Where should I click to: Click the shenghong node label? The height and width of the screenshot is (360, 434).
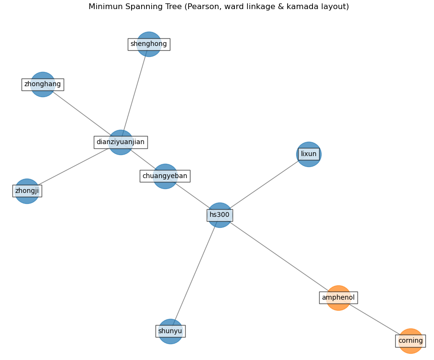149,44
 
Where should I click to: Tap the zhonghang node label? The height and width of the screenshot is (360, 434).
43,84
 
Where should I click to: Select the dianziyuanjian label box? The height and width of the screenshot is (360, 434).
121,142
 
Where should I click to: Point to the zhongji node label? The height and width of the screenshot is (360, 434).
27,191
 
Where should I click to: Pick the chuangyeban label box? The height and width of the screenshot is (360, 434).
165,176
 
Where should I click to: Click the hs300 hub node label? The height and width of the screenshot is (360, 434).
220,215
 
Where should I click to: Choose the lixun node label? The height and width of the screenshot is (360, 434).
309,154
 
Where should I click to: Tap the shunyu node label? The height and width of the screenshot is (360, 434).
170,331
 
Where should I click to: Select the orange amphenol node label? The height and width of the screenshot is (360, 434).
338,298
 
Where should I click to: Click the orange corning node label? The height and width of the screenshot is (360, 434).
411,341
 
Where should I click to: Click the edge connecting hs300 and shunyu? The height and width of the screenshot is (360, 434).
195,273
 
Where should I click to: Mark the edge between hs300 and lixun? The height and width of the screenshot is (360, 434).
264,185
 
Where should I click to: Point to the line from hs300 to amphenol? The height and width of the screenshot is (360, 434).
279,256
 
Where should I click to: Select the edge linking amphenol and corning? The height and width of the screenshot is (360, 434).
375,319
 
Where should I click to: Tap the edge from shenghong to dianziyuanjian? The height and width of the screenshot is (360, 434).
135,93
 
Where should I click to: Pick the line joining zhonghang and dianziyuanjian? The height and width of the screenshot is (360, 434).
81,113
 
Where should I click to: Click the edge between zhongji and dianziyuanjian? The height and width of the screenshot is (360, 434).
74,167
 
